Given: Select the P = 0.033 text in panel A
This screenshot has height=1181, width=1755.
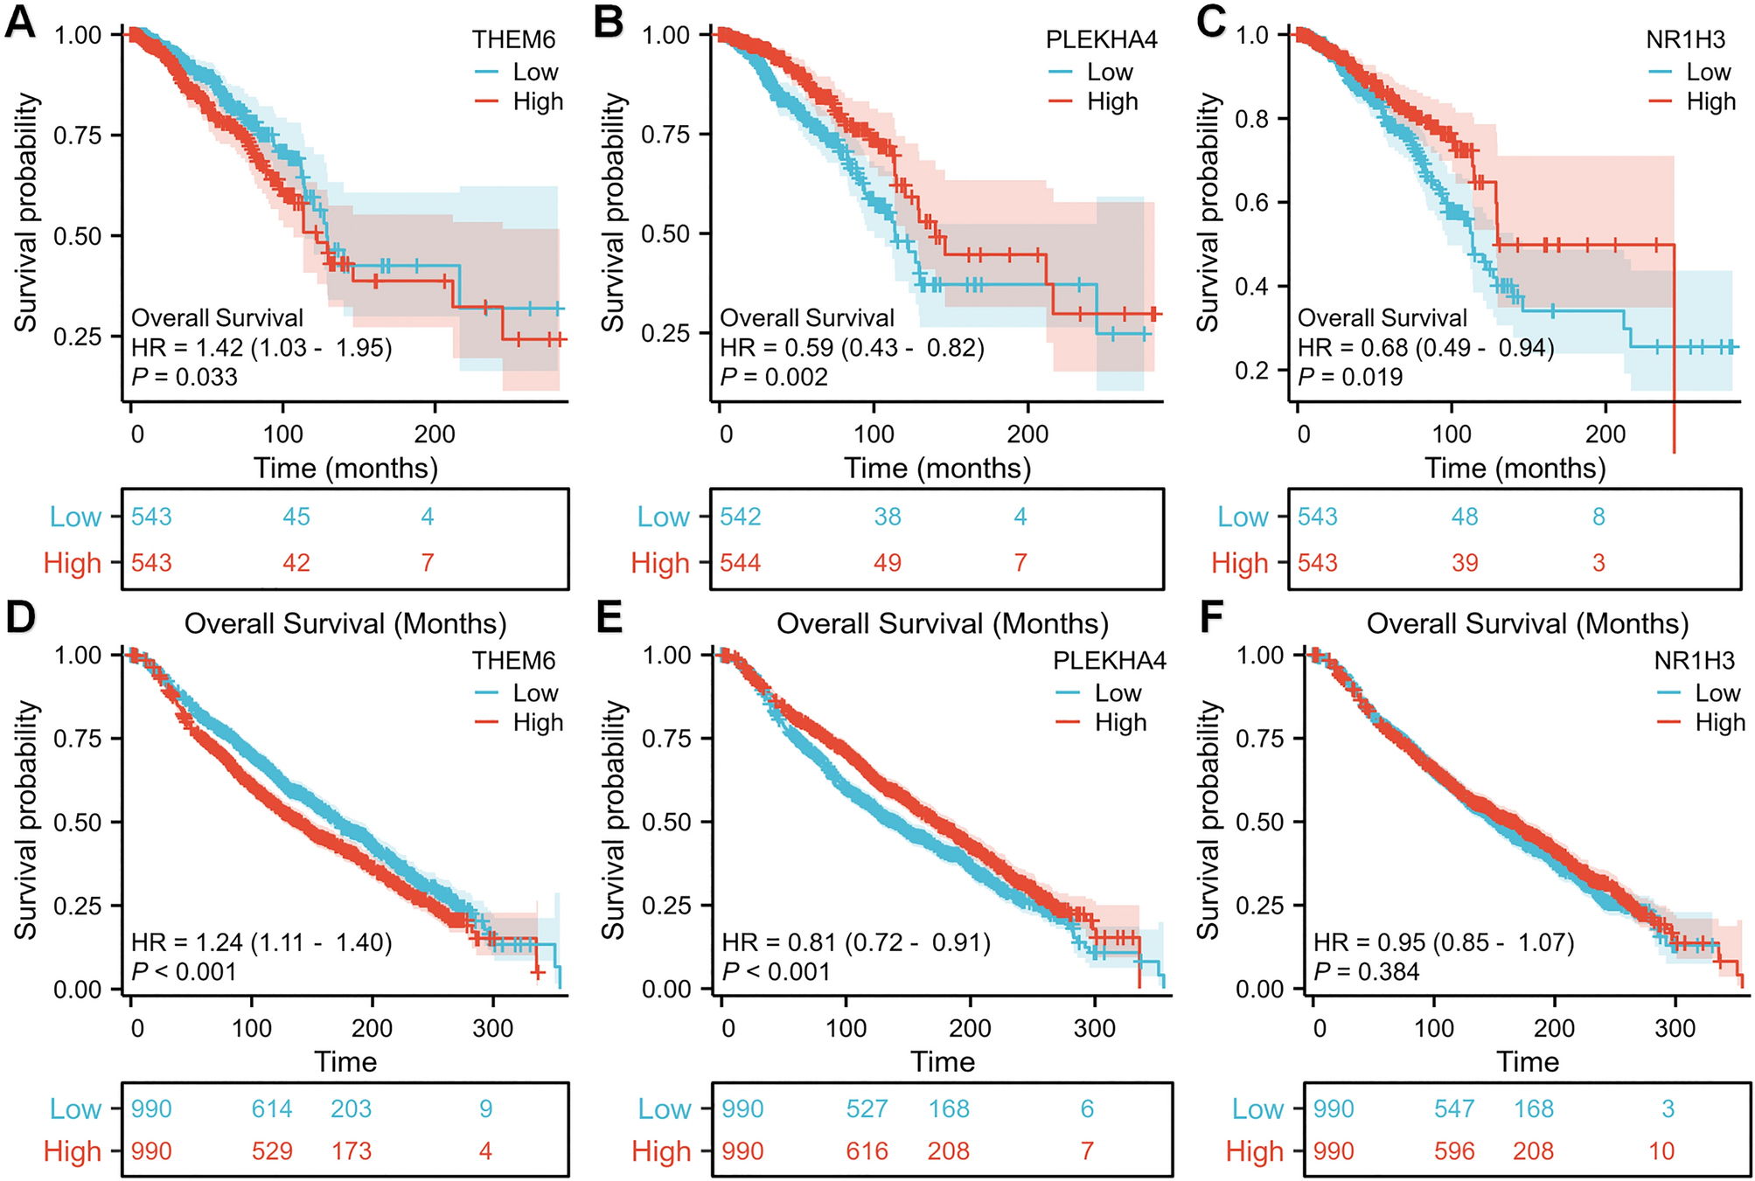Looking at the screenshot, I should click(185, 377).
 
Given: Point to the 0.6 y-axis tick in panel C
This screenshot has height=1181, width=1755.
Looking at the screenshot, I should click(1251, 203).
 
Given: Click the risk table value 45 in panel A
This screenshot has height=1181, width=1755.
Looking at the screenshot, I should click(296, 517).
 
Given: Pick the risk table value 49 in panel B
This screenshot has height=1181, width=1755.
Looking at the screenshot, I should click(887, 563).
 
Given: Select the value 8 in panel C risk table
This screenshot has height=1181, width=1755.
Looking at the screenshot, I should click(1598, 517).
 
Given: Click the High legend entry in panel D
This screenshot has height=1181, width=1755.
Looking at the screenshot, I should click(537, 723).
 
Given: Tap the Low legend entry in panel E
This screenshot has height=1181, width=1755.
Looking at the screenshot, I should click(1117, 693).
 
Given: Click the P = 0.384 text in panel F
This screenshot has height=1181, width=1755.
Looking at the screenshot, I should click(1366, 971).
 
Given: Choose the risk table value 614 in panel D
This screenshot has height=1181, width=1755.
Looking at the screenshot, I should click(272, 1109).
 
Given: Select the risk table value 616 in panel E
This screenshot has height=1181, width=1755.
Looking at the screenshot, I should click(867, 1151).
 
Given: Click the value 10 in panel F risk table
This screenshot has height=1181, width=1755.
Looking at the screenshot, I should click(1661, 1151).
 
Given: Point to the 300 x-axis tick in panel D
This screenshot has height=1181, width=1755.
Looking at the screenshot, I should click(492, 1028).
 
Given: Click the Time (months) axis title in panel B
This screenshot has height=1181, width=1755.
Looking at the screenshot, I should click(937, 469).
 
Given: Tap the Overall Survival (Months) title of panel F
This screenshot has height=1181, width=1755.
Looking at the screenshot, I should click(1527, 624).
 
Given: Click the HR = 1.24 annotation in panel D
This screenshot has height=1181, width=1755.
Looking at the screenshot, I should click(261, 942).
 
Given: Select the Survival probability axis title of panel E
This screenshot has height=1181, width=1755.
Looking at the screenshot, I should click(615, 820).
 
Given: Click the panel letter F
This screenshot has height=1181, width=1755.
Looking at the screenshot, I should click(1212, 617).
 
